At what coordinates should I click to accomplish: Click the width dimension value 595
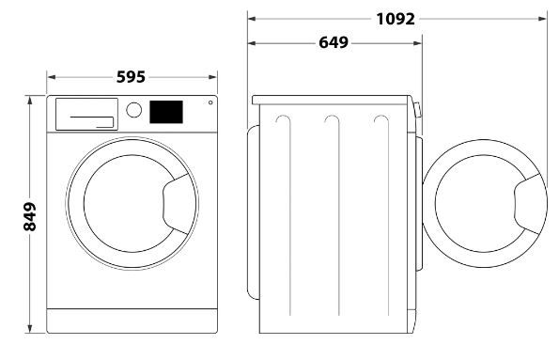tap(132, 77)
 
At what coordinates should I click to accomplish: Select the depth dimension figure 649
tap(334, 42)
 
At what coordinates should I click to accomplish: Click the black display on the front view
tap(165, 111)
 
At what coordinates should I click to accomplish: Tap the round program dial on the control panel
tap(133, 110)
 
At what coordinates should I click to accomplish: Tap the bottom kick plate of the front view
tap(132, 324)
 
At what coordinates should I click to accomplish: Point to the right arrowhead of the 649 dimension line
tap(419, 42)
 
